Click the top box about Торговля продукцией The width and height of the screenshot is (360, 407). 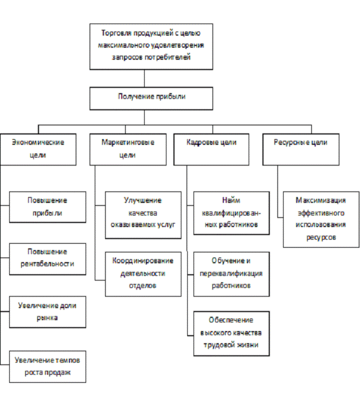pyautogui.click(x=152, y=45)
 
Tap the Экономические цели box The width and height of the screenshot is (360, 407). pyautogui.click(x=38, y=149)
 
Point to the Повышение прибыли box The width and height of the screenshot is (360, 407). pyautogui.click(x=48, y=207)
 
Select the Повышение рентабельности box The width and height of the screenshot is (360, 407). pyautogui.click(x=48, y=259)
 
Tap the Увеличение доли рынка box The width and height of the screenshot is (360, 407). pyautogui.click(x=48, y=312)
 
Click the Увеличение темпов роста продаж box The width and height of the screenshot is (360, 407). pyautogui.click(x=48, y=366)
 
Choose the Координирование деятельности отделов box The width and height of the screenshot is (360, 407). pyautogui.click(x=143, y=273)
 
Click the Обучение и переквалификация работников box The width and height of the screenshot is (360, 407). pyautogui.click(x=231, y=274)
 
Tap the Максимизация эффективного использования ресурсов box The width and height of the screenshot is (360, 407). pyautogui.click(x=321, y=219)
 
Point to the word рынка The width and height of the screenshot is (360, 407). pyautogui.click(x=48, y=317)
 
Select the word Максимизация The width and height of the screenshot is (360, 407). pyautogui.click(x=321, y=201)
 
